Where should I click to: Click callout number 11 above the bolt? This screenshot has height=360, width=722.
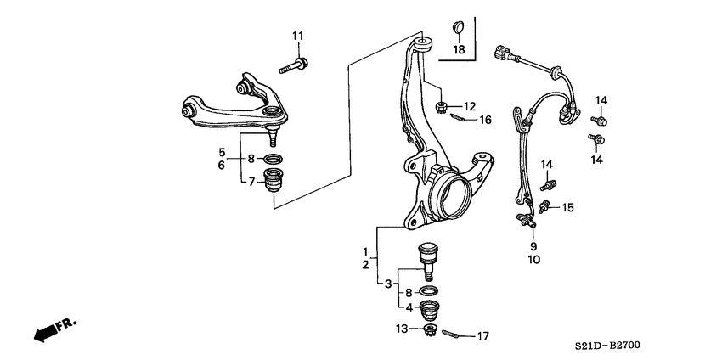coord(298,35)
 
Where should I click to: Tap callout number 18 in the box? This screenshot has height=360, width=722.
coord(459,50)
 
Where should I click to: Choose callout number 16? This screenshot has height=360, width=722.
coord(485,121)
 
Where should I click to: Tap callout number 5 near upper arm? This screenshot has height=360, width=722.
coord(222,153)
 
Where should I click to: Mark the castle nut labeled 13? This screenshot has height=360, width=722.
coord(429,329)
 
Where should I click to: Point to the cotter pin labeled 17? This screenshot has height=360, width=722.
coord(457,334)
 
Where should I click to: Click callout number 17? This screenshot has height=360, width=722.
coord(482,337)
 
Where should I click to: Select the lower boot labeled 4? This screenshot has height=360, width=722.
coord(430,309)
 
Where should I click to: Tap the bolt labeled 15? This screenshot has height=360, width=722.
coord(546,205)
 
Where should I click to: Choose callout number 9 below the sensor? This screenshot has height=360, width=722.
coord(533,247)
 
